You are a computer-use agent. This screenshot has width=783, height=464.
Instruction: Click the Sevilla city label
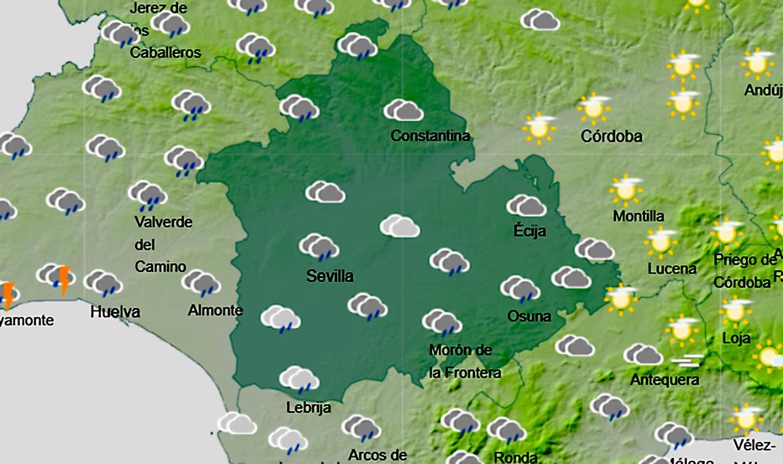(x=330, y=276)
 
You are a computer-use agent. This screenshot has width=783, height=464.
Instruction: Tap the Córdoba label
(x=612, y=136)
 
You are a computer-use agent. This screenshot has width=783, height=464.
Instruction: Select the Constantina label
(x=430, y=136)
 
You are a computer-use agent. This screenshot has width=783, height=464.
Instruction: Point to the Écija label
(x=530, y=231)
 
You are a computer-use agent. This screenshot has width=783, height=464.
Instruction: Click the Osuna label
(x=529, y=317)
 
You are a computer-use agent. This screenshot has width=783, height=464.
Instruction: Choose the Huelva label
(x=115, y=311)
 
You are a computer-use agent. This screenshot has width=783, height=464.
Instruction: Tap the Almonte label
(x=215, y=311)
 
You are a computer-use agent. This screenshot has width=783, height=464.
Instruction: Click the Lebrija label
(x=309, y=408)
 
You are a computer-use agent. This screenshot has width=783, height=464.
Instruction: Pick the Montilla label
(x=639, y=216)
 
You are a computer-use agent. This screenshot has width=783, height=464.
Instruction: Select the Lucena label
(x=672, y=268)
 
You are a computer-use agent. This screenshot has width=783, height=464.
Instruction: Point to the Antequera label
(x=665, y=379)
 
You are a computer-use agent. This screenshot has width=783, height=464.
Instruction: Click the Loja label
(x=737, y=339)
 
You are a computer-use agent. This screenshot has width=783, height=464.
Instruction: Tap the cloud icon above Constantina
(x=404, y=111)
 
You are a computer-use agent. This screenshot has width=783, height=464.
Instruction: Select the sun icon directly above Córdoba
(x=594, y=108)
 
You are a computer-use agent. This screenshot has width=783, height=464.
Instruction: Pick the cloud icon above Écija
(x=526, y=206)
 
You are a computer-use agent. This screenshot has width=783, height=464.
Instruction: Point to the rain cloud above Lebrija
(x=299, y=380)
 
